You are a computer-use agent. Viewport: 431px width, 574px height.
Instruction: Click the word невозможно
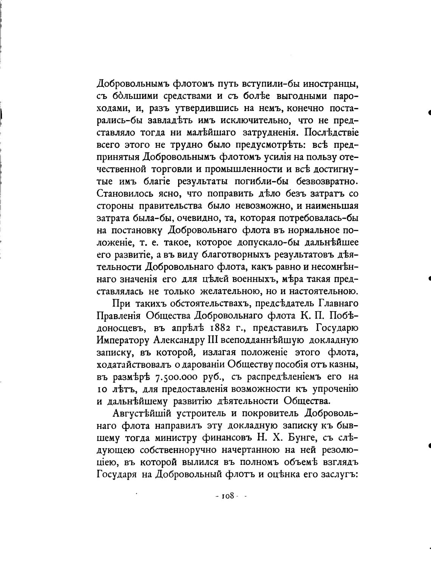[x=265, y=206]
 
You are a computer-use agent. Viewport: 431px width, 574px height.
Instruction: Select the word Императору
[x=123, y=340]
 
